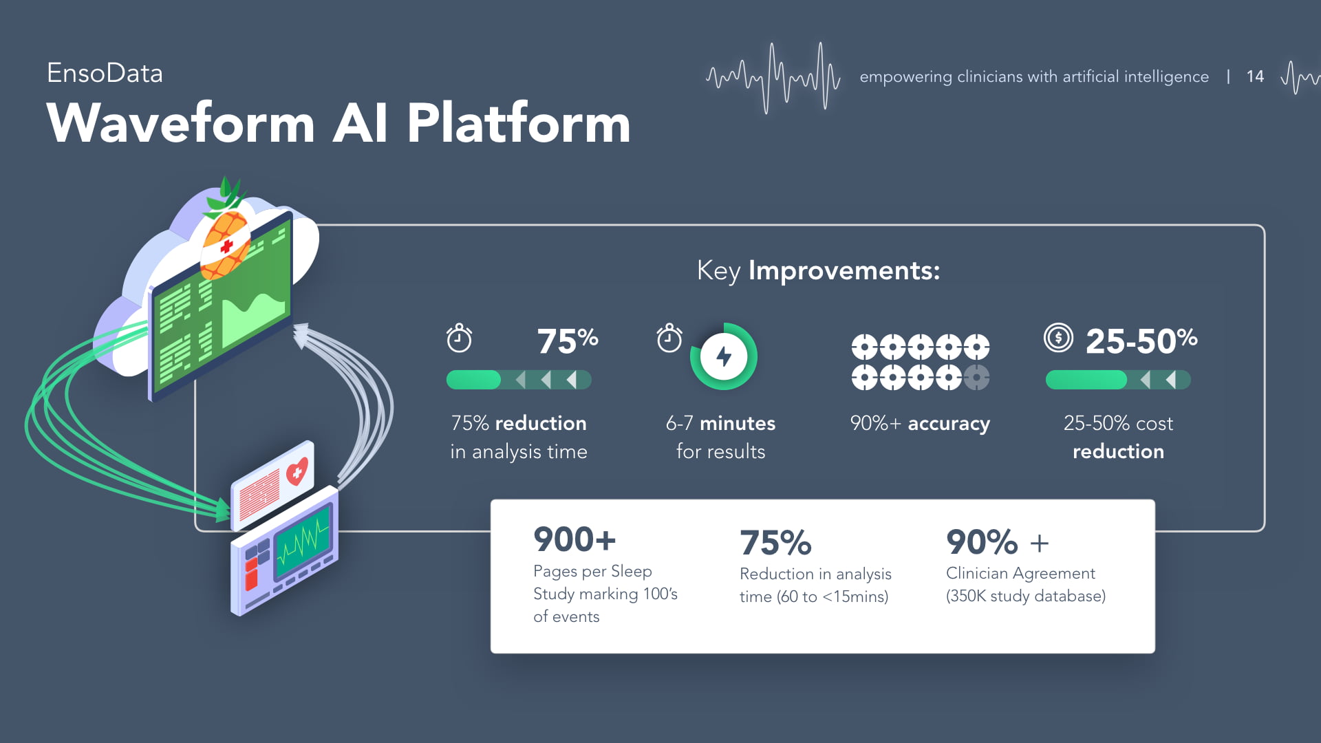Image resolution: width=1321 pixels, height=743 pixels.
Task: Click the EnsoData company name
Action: [105, 74]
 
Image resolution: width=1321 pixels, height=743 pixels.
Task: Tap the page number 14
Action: [1255, 76]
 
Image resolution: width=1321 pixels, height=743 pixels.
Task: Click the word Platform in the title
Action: [518, 124]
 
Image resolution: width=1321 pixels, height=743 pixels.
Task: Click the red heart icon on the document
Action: [297, 473]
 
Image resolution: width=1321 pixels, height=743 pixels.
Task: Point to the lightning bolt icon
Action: [724, 356]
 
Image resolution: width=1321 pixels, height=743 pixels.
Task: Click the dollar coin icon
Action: [1058, 338]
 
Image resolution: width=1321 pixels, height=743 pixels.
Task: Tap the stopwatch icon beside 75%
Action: [459, 338]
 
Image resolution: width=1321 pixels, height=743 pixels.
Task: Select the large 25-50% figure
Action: [1141, 341]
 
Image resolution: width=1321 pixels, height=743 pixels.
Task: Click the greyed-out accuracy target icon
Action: [976, 377]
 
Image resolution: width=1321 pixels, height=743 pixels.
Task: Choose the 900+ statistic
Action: [574, 539]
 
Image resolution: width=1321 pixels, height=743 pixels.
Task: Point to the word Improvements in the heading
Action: [844, 270]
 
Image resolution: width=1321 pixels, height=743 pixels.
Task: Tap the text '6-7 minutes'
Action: [720, 423]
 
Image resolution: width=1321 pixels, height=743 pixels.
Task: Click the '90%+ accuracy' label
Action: [920, 423]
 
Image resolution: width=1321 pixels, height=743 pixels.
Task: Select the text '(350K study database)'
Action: [1025, 596]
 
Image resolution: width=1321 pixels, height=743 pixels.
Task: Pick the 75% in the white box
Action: [775, 543]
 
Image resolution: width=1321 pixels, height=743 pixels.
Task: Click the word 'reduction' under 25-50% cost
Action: [1118, 451]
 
